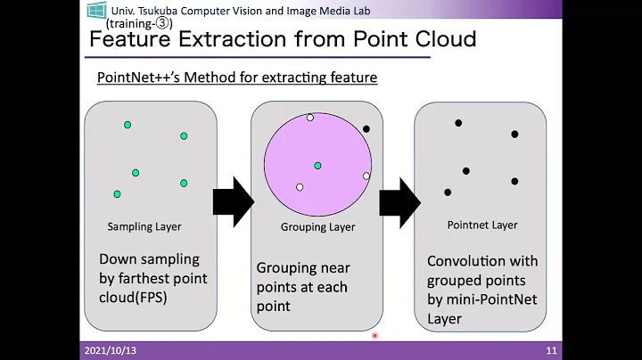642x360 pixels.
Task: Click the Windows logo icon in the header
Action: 96,11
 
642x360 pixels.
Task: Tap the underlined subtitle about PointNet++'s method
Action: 237,78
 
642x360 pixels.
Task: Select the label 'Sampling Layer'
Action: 144,226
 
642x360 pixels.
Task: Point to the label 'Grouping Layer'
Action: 317,226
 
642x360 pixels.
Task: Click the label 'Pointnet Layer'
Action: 482,225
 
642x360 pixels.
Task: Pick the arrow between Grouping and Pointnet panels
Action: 399,200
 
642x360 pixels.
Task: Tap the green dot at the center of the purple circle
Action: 317,166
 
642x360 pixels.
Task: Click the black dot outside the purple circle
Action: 366,129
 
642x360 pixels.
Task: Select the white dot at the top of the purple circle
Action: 310,118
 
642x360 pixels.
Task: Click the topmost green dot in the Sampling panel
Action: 128,124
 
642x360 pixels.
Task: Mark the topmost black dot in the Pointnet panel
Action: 458,123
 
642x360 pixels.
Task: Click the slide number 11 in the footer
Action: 552,351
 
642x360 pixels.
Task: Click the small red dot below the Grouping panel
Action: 374,337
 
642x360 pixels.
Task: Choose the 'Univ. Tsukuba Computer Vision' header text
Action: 228,10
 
